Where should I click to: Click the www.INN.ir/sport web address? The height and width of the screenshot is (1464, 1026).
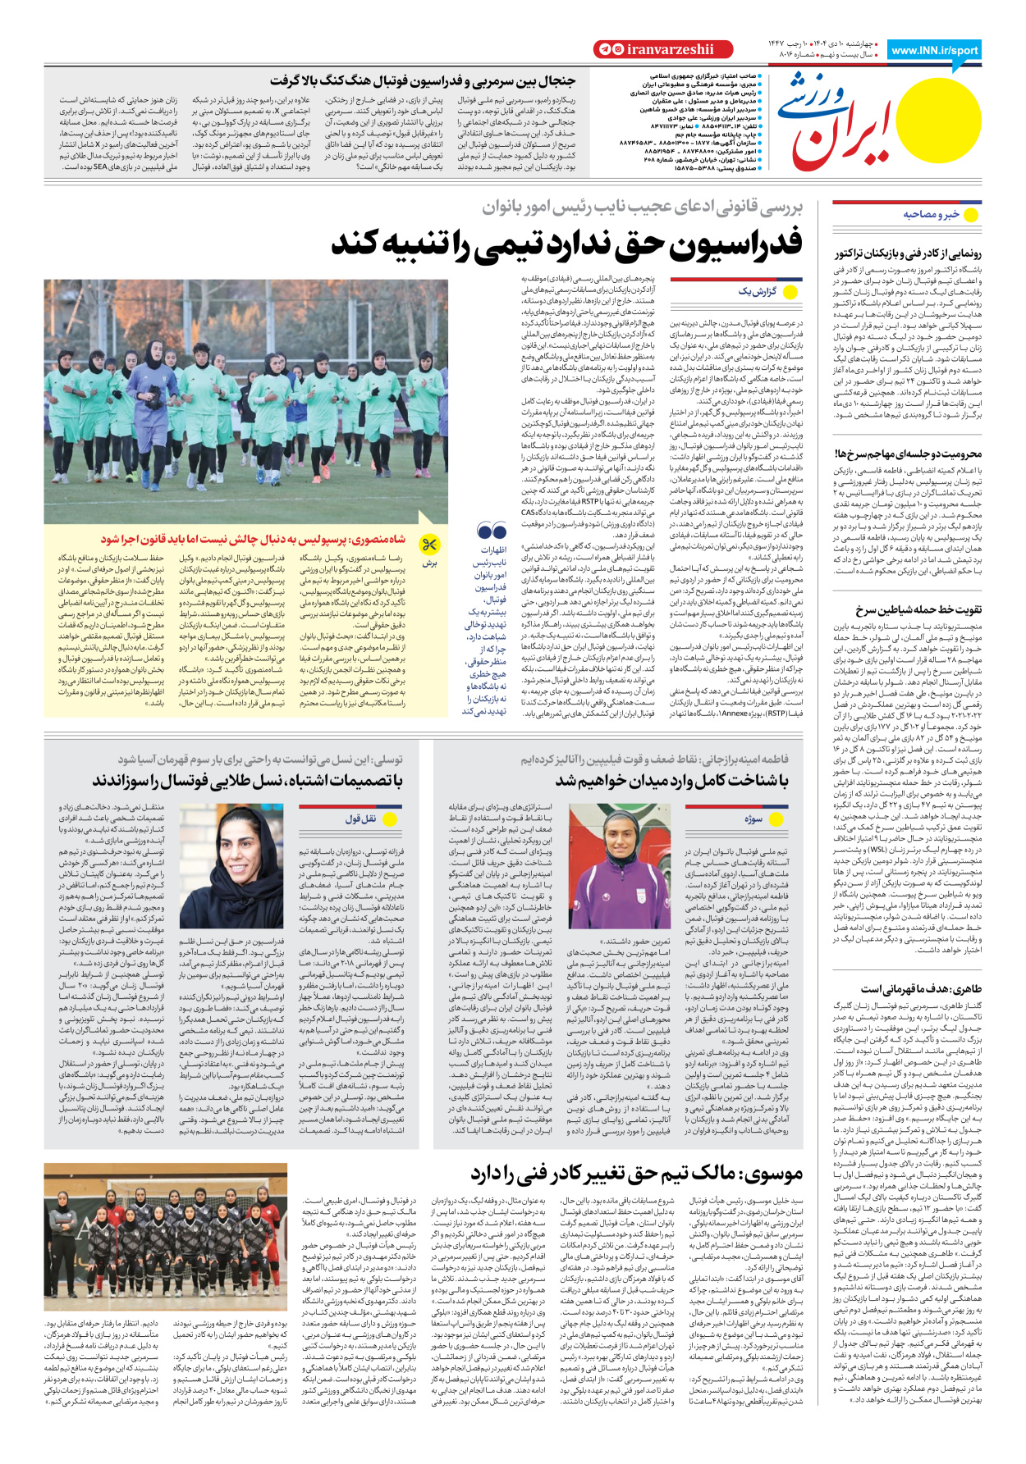pos(934,50)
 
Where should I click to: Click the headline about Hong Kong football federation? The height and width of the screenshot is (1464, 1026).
pos(423,80)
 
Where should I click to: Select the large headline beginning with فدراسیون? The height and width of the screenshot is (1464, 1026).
pos(566,243)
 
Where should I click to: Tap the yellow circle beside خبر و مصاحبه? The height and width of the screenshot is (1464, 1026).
pos(971,215)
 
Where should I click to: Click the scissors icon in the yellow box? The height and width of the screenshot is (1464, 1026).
pos(429,544)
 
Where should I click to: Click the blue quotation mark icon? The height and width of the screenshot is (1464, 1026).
pos(491,531)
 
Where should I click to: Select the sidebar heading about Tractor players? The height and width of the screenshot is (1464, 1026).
pos(907,253)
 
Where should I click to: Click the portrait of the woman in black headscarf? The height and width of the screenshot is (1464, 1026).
pos(249,865)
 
